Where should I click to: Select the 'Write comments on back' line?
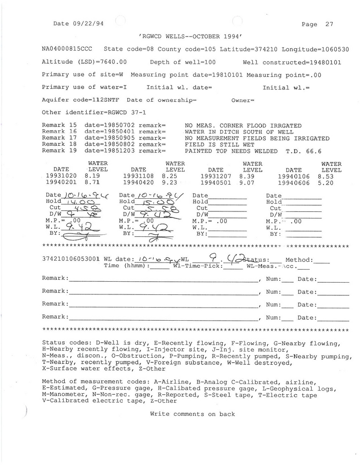pyautogui.click(x=192, y=414)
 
